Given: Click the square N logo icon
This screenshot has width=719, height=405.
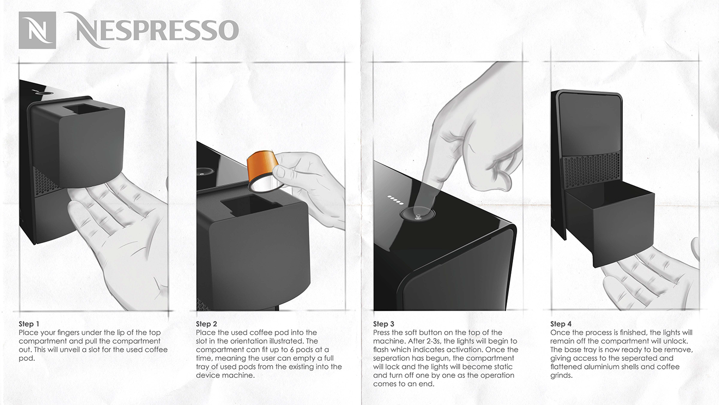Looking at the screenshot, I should [37, 30].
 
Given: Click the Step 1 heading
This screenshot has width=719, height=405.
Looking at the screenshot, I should [29, 324].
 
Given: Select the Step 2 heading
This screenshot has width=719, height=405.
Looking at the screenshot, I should [206, 324].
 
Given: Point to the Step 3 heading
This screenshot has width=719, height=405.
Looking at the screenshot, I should [384, 324].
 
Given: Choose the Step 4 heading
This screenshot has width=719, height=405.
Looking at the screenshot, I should [561, 324].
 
